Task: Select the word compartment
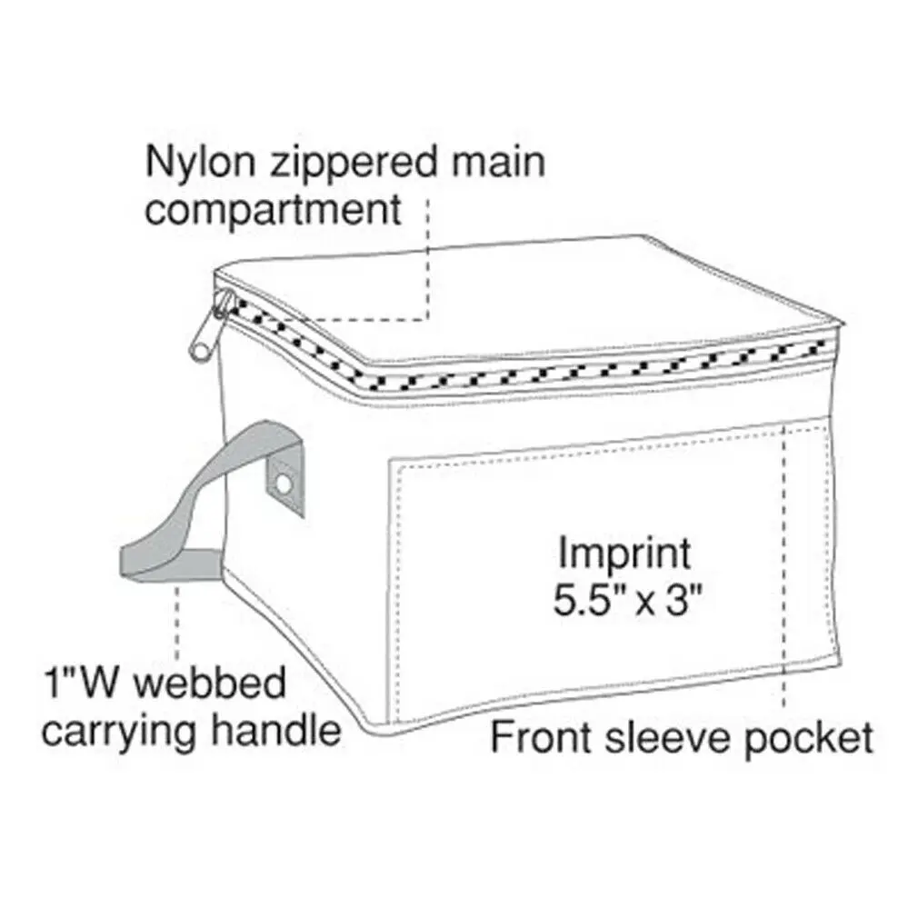coord(273,211)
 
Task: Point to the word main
coord(503,163)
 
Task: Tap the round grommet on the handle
coord(285,482)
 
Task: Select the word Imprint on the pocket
coord(624,553)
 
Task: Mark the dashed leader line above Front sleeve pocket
coord(783,564)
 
